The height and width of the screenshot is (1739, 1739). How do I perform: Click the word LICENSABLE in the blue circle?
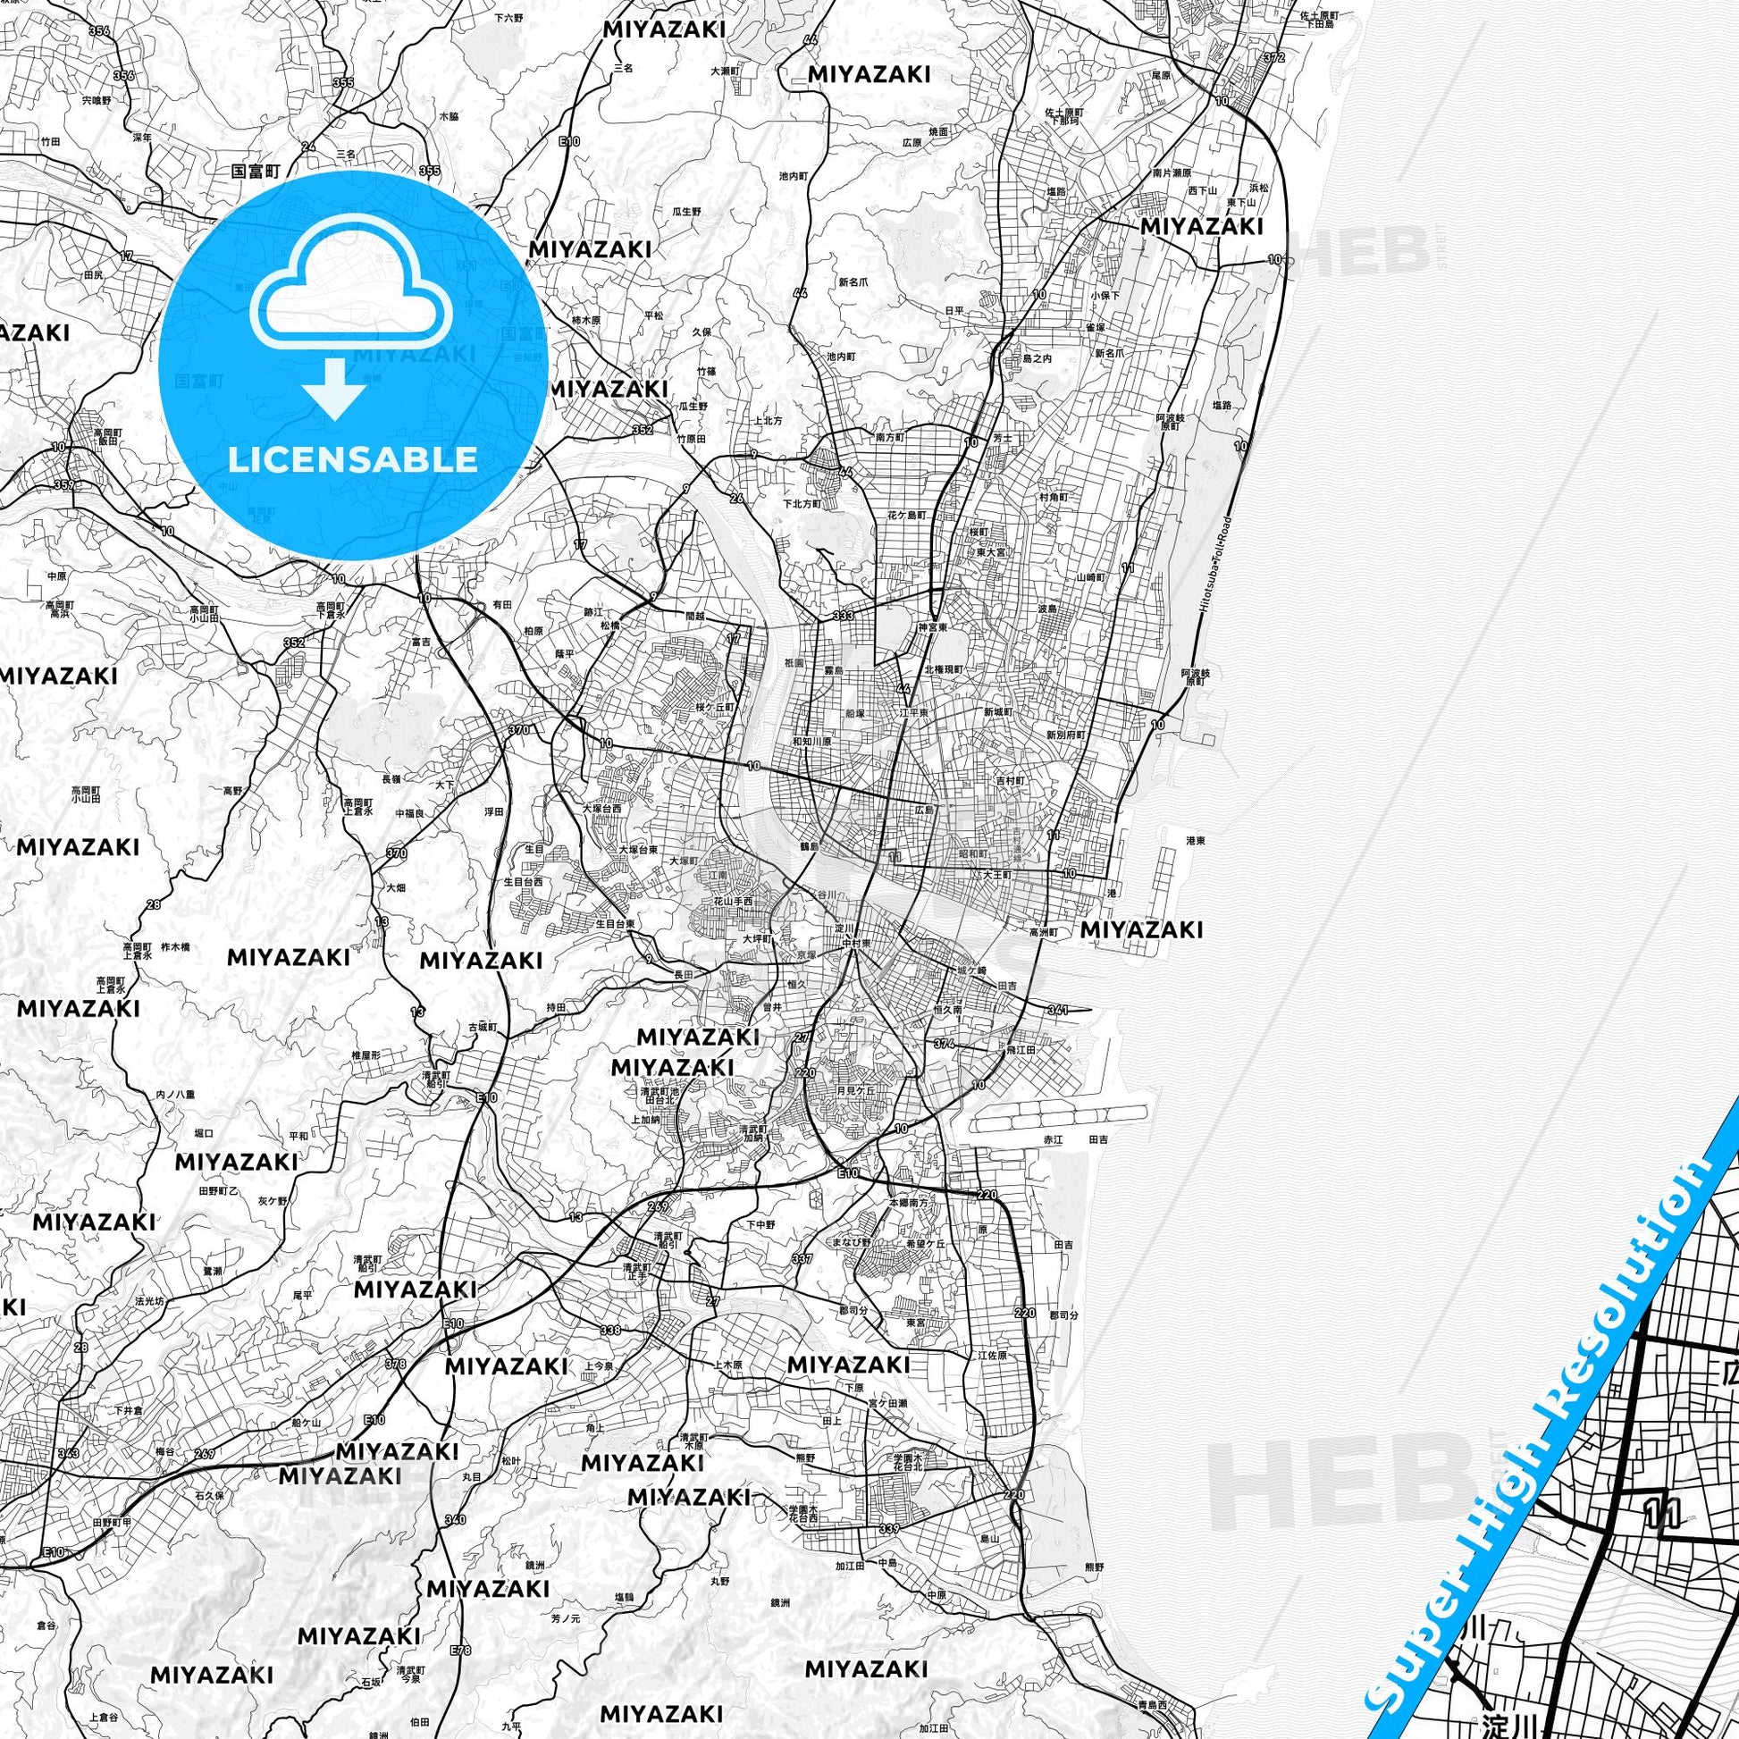(x=353, y=459)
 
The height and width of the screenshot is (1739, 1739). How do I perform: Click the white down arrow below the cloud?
(x=334, y=388)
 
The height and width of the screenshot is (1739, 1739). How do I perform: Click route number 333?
(x=844, y=616)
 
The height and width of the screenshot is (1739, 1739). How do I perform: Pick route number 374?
(x=945, y=1044)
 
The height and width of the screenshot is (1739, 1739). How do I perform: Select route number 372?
(x=1273, y=57)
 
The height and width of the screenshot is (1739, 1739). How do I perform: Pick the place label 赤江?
(x=1052, y=1139)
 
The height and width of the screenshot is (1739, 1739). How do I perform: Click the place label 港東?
(x=1196, y=840)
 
